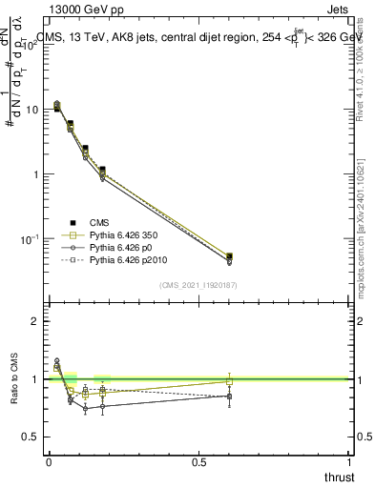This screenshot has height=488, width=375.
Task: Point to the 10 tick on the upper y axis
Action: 31,110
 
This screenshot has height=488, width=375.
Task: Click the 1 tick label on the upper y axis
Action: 34,174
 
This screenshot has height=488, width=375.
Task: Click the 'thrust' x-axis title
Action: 339,477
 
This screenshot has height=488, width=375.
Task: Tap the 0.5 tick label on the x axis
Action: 198,461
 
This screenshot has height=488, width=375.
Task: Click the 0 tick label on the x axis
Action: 48,461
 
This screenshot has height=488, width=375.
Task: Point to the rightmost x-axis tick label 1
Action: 349,461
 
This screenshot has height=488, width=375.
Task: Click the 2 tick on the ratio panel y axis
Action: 34,322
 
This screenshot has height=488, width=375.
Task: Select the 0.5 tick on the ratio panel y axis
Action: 31,437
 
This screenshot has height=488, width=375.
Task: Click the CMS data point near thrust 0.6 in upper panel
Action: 229,256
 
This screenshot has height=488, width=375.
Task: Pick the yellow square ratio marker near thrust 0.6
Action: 229,382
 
